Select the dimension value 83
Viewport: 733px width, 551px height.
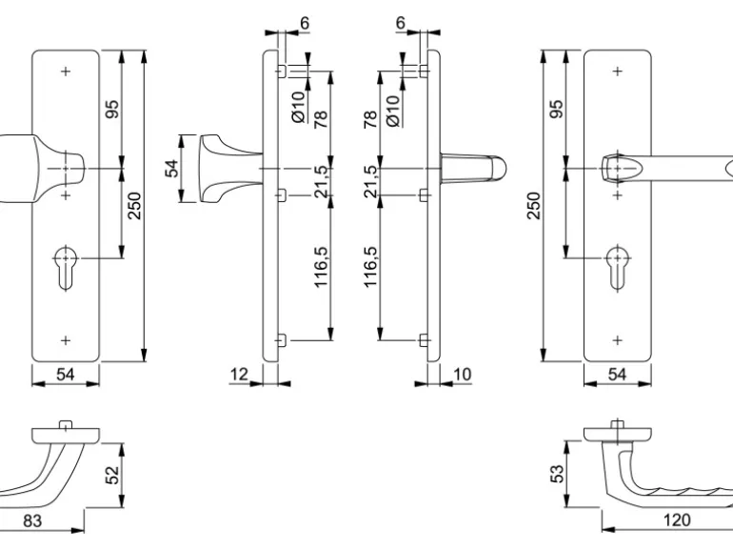[x=32, y=520]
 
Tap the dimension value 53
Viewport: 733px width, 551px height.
[x=559, y=471]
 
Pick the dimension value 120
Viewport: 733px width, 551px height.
[x=677, y=520]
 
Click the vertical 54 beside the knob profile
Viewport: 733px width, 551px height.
[x=172, y=168]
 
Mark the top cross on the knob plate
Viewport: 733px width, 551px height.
[x=65, y=72]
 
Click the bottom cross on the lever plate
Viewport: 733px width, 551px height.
[x=617, y=339]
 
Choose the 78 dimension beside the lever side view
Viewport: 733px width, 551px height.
[x=369, y=118]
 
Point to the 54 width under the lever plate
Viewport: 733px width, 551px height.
[x=617, y=375]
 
